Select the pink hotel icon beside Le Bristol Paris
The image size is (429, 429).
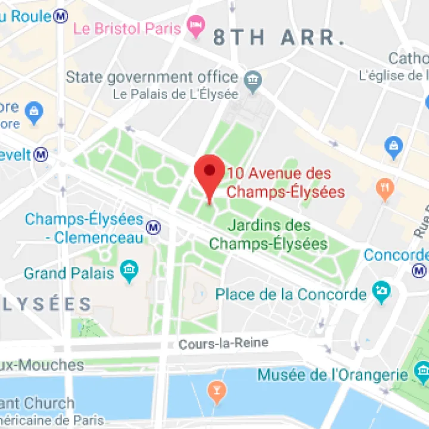click(x=195, y=26)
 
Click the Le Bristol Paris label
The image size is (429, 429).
click(x=128, y=29)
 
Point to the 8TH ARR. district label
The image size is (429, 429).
click(x=279, y=38)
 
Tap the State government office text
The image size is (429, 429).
click(x=152, y=77)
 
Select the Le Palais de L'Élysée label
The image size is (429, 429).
click(x=175, y=94)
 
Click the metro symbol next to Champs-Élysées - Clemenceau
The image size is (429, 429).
click(x=154, y=227)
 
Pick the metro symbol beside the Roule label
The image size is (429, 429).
click(x=60, y=17)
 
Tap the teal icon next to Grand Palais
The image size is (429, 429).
click(x=129, y=272)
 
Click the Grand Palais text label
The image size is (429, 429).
click(x=69, y=273)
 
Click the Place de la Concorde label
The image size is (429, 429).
click(x=291, y=294)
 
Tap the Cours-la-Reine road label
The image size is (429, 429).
click(x=223, y=344)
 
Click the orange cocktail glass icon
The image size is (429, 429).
click(x=216, y=390)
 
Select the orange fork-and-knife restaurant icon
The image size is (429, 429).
click(x=386, y=189)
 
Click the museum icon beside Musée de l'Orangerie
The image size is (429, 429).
click(x=422, y=374)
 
